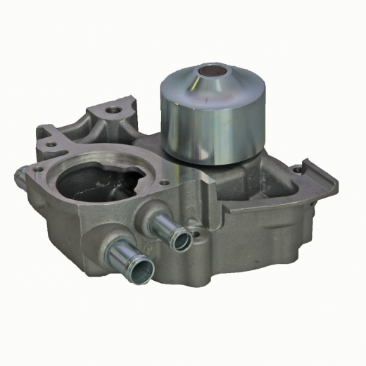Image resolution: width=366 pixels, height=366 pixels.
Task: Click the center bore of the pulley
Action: [x=210, y=72]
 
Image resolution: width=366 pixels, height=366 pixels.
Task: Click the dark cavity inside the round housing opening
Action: [x=99, y=184]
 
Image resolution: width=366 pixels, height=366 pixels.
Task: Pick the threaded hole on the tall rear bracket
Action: [x=111, y=111]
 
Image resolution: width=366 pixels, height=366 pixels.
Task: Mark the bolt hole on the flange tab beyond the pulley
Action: [x=299, y=170]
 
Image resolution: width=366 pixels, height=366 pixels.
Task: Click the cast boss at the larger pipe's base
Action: [x=106, y=243]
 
